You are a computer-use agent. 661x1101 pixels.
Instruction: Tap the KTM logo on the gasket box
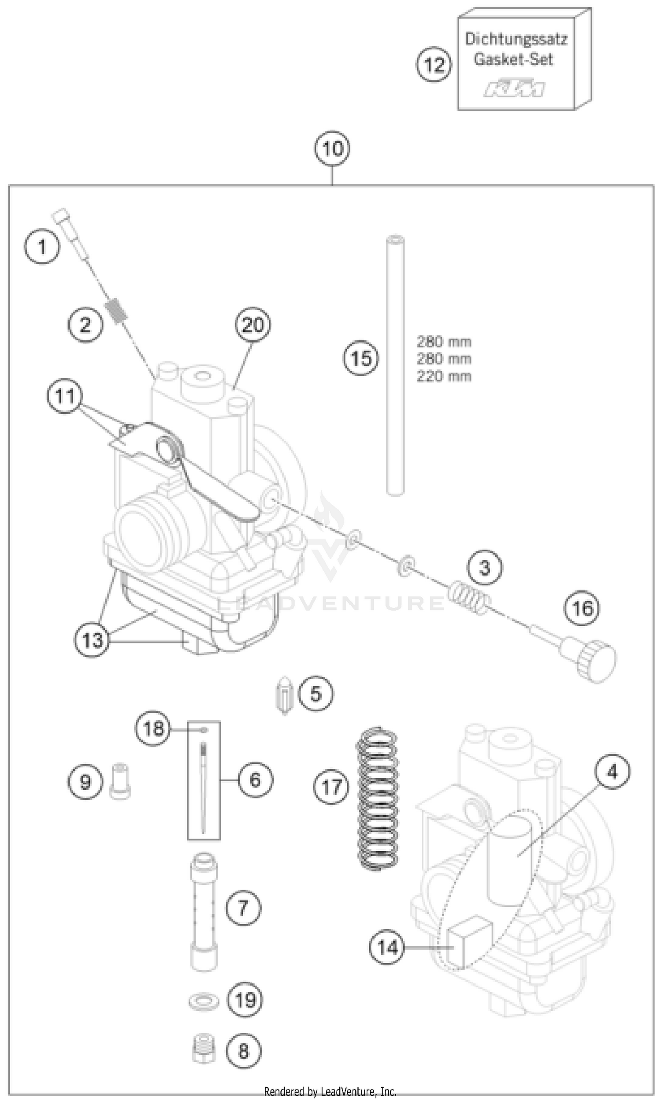pos(515,88)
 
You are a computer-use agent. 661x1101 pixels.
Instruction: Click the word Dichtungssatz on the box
pos(516,39)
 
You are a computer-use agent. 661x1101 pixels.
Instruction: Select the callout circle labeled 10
pos(332,149)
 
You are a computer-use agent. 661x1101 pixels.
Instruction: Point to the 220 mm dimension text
pos(444,377)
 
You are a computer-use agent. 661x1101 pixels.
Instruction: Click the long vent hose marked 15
pos(395,365)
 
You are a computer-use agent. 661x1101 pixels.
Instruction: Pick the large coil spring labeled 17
pos(378,799)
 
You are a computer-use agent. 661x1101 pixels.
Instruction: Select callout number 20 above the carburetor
pos(253,325)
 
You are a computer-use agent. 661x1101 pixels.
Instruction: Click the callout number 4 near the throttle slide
pos(612,772)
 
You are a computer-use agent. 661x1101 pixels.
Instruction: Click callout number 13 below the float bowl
pos(92,640)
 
